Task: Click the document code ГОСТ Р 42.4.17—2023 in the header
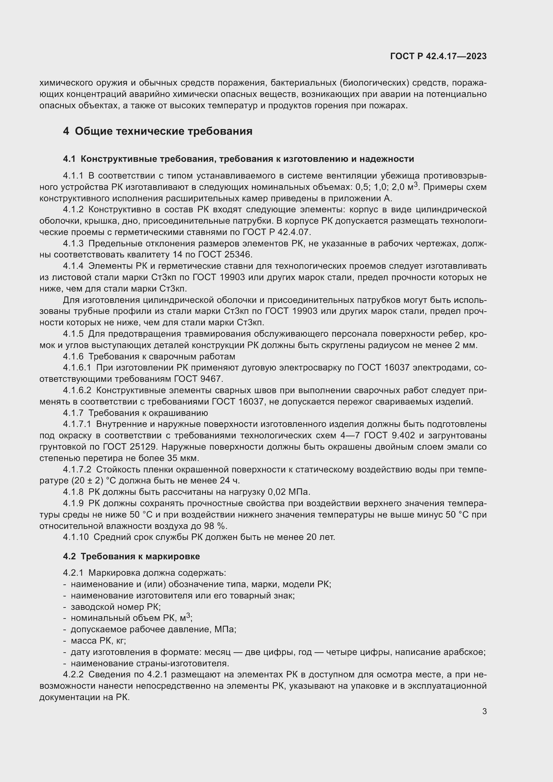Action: [438, 56]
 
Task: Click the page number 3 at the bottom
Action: [484, 711]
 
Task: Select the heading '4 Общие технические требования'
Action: [158, 131]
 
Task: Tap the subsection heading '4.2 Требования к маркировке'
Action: [131, 556]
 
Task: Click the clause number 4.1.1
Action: [73, 176]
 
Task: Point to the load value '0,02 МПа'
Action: [289, 492]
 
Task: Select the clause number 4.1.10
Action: [76, 537]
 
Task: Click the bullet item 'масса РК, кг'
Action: [98, 641]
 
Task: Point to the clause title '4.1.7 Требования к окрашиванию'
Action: [135, 413]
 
